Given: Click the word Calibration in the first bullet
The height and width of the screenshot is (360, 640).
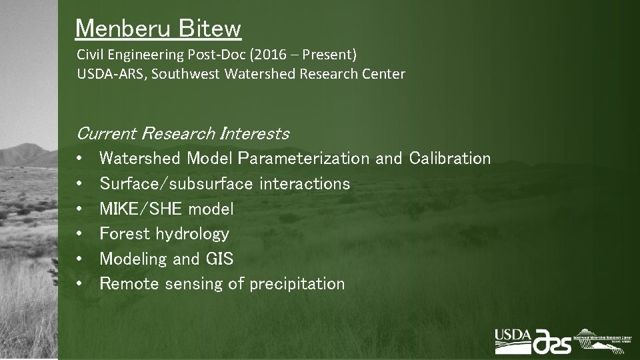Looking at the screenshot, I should pyautogui.click(x=450, y=159).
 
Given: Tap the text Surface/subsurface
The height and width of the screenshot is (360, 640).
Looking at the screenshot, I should pyautogui.click(x=176, y=183).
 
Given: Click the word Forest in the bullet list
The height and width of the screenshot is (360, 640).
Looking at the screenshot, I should pyautogui.click(x=124, y=233).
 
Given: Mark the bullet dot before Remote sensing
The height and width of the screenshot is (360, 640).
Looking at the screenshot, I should pyautogui.click(x=79, y=284).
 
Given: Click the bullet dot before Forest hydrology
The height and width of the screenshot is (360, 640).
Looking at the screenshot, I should pyautogui.click(x=79, y=233).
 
